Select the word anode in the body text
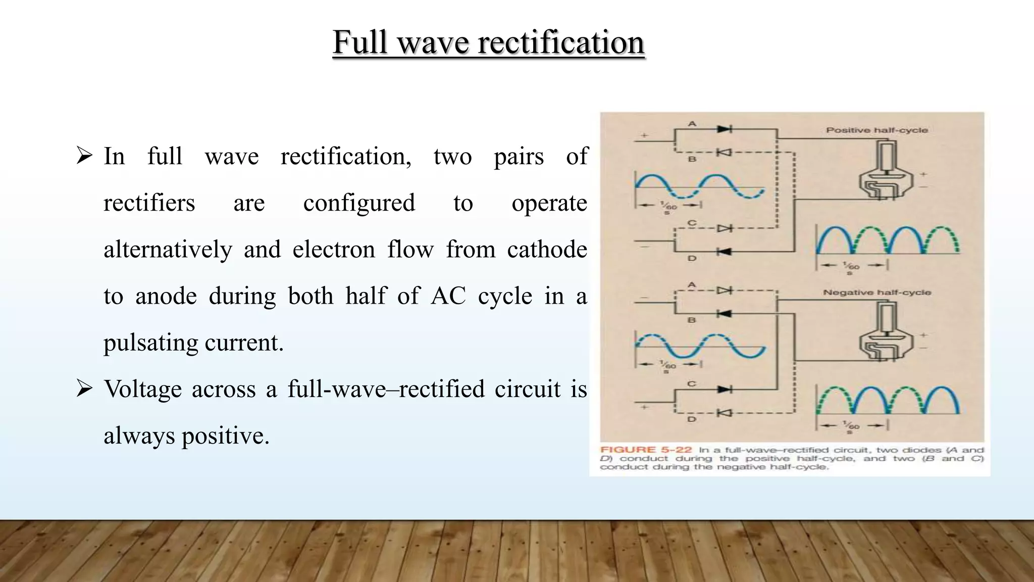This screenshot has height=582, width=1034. pyautogui.click(x=166, y=296)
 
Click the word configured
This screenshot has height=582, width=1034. pyautogui.click(x=359, y=203)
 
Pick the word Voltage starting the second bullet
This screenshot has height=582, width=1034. pyautogui.click(x=142, y=389)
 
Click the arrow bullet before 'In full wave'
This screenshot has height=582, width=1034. pyautogui.click(x=84, y=155)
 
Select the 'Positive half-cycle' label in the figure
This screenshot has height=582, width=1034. pyautogui.click(x=877, y=130)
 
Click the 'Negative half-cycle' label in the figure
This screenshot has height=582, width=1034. pyautogui.click(x=877, y=293)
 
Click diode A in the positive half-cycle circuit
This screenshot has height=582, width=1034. pyautogui.click(x=725, y=129)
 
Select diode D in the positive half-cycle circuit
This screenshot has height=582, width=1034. pyautogui.click(x=725, y=251)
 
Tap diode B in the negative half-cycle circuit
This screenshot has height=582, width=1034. pyautogui.click(x=725, y=314)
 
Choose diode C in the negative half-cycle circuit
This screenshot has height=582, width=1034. pyautogui.click(x=725, y=390)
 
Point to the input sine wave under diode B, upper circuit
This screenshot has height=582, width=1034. pyautogui.click(x=700, y=186)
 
